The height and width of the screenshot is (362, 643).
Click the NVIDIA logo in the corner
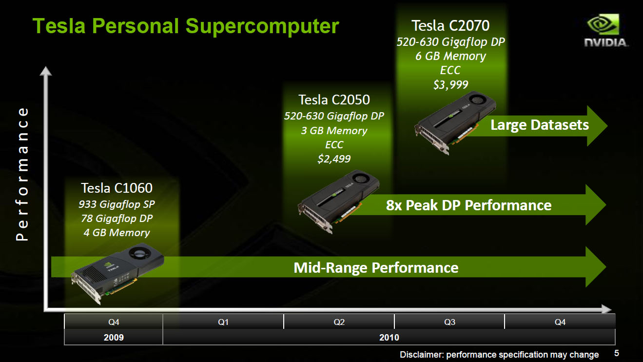coord(606,30)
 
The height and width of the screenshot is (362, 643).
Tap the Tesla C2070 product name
coord(450,25)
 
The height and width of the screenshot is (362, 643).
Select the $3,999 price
coord(450,84)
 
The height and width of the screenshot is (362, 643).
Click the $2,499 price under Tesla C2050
coord(334,159)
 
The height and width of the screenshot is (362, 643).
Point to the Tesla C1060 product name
coord(117,188)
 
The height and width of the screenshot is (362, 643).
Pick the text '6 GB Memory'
coord(450,56)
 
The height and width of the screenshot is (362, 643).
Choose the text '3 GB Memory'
coord(334,130)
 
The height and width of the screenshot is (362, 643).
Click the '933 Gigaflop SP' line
coord(117,204)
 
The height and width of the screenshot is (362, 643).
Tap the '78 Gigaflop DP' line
coord(117,219)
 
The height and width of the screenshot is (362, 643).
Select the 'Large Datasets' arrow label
coord(540,125)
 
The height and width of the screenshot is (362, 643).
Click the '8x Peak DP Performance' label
coord(468,205)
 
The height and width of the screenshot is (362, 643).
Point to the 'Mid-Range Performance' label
coord(376,268)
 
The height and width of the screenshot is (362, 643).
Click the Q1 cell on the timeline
coord(223,322)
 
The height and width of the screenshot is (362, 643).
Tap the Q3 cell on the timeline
coord(449,322)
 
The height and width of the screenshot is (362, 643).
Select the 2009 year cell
coord(114,337)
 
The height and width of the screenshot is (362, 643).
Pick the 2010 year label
coord(389,337)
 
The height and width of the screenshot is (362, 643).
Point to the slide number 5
coord(616,353)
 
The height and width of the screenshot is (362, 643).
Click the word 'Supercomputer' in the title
coord(262,27)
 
